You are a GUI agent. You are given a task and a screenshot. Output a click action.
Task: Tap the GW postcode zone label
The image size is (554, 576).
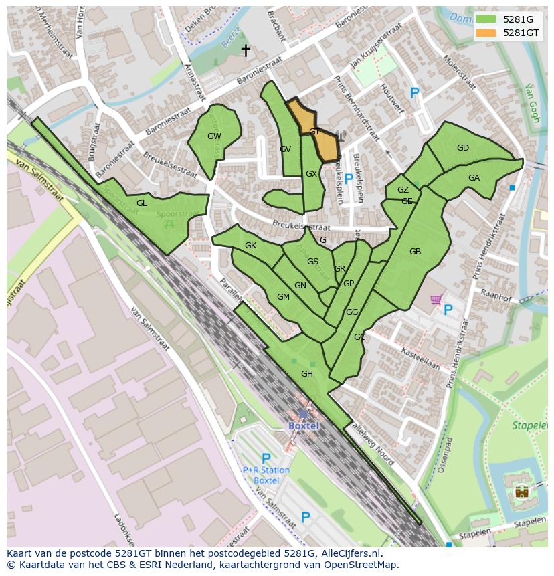pyautogui.click(x=214, y=136)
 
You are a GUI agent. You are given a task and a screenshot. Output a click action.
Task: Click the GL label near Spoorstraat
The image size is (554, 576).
pyautogui.click(x=142, y=203)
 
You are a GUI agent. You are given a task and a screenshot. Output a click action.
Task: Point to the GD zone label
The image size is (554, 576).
pyautogui.click(x=463, y=148)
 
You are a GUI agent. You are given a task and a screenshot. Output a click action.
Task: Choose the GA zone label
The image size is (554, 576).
pyautogui.click(x=474, y=178)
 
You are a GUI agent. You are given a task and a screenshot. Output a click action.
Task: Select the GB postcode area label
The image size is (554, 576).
pyautogui.click(x=415, y=252)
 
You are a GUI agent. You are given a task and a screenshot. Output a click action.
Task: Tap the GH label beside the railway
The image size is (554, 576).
pyautogui.click(x=307, y=374)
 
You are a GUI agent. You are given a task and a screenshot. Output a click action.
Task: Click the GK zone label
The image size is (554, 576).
pyautogui.click(x=250, y=246)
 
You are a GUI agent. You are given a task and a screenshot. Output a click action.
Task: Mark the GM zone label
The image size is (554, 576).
pyautogui.click(x=283, y=297)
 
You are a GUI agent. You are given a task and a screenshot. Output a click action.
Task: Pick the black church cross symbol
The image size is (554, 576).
pyautogui.click(x=246, y=50)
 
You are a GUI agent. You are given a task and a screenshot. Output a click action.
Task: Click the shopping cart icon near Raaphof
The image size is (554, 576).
pyautogui.click(x=436, y=300)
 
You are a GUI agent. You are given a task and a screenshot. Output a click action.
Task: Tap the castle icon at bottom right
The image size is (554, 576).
pyautogui.click(x=521, y=492)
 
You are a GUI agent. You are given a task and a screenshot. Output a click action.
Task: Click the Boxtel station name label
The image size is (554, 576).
pyautogui.click(x=304, y=426)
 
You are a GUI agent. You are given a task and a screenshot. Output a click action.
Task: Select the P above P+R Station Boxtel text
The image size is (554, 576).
pyautogui.click(x=266, y=459)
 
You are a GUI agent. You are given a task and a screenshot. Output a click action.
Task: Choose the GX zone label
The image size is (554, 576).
pyautogui.click(x=311, y=174)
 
